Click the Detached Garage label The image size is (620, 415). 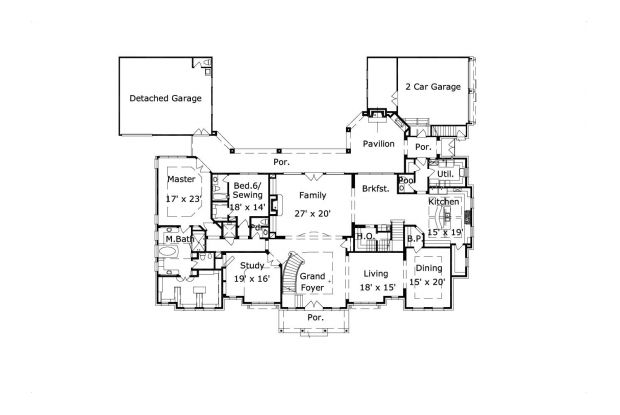(165, 99)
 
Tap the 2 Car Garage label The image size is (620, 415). (433, 87)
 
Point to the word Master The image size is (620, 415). (181, 179)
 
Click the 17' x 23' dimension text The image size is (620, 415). (183, 200)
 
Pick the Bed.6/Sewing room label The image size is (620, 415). (248, 191)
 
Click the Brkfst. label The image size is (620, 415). (376, 187)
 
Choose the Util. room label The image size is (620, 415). (446, 174)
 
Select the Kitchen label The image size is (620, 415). (444, 202)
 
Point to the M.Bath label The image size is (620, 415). (179, 239)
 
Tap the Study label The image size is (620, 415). (251, 265)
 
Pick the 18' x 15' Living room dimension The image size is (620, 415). (376, 286)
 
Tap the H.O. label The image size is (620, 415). (364, 236)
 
